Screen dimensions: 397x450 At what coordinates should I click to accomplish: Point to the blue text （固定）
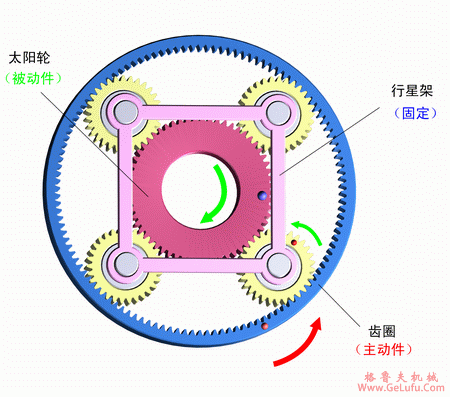click(411, 113)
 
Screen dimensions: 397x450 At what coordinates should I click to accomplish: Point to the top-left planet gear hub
click(125, 110)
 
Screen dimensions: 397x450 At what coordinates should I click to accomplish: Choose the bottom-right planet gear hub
click(277, 264)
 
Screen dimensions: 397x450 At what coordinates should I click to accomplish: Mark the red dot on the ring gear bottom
click(264, 326)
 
